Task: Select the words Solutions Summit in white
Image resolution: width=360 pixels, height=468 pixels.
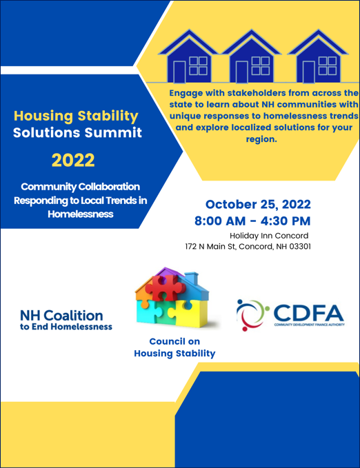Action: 78,132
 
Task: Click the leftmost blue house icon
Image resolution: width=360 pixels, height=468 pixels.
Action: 195,57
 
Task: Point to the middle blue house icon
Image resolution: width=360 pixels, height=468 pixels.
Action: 256,57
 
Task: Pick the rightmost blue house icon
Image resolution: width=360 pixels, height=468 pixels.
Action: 317,57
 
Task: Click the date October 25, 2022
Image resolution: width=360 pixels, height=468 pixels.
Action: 257,205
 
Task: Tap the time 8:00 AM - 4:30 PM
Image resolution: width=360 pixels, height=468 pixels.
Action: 252,221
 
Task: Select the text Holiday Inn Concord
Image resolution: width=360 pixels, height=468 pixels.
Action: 268,236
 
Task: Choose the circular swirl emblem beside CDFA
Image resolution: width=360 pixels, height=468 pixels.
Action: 251,314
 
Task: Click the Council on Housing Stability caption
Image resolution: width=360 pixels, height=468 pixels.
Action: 174,347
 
